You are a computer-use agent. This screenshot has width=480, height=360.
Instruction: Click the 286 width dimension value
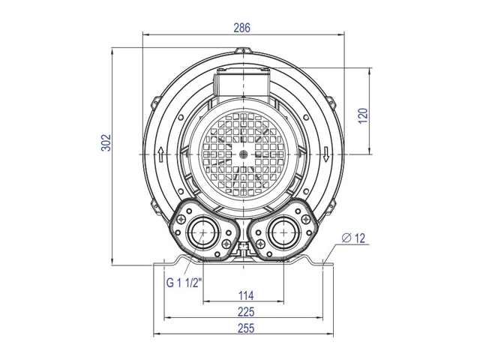point(241,28)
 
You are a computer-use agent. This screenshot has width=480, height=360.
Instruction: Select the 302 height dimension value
point(106,142)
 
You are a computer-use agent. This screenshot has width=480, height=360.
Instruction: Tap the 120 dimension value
point(363,115)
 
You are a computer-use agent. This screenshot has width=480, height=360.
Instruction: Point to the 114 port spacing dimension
point(246,295)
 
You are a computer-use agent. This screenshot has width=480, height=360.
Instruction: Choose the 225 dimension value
point(246,312)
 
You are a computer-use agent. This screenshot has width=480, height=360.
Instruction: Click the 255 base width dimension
point(246,328)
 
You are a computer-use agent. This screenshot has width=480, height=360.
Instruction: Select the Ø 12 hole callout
point(353,238)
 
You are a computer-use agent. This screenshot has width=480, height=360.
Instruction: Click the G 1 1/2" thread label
point(184,283)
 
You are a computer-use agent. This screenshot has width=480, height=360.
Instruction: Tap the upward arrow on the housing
point(160,154)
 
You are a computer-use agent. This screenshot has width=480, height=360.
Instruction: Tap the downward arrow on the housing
point(326,154)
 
